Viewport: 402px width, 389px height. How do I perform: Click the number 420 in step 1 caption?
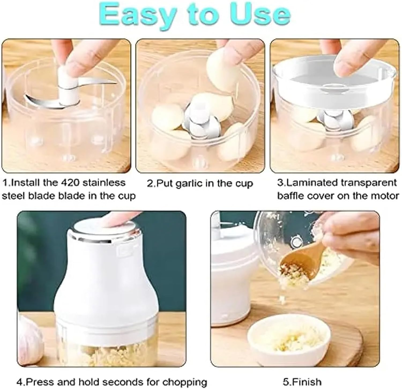coord(70,183)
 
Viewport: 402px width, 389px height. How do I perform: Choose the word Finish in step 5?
coord(306,381)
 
